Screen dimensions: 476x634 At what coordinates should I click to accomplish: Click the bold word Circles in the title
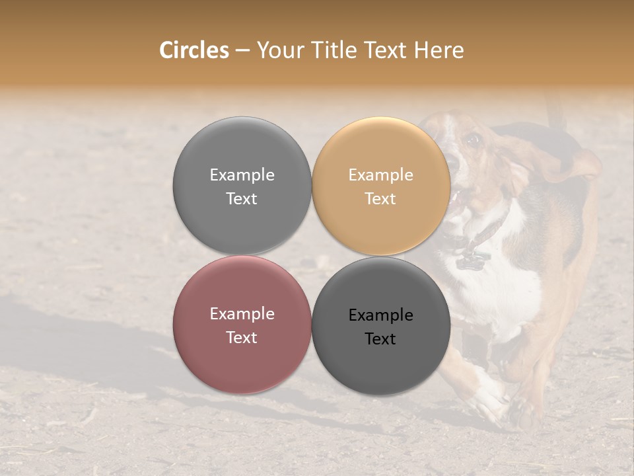coord(194,50)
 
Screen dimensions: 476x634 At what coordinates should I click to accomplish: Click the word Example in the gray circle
coord(242,175)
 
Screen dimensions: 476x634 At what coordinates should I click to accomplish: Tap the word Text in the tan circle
coord(380,198)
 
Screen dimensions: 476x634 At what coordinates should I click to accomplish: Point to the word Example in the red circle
coord(242,313)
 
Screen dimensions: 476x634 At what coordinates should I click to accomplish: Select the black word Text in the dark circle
coord(380,338)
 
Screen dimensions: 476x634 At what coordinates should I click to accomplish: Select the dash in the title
coord(242,50)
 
